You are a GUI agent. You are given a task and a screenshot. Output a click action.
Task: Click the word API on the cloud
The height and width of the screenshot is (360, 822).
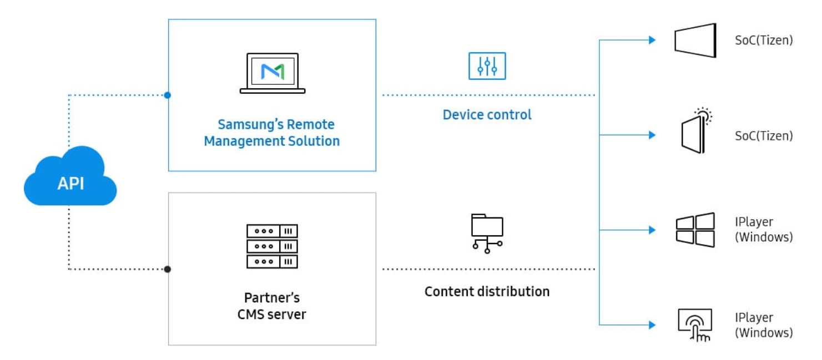(71, 183)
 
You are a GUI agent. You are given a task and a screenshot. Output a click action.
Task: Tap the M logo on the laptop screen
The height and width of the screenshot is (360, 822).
(273, 72)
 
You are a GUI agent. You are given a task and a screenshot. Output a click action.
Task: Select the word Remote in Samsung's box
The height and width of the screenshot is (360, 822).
(310, 125)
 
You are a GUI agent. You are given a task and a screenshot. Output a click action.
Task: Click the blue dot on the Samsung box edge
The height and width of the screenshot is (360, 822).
(168, 95)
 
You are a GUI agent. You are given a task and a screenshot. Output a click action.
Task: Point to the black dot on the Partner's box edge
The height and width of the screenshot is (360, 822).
(168, 270)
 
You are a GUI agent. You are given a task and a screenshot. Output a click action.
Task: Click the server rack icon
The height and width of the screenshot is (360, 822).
(273, 246)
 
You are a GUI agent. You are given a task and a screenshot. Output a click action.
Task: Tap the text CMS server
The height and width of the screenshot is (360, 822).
(272, 315)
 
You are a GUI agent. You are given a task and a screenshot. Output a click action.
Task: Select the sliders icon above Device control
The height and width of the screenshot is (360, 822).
(487, 66)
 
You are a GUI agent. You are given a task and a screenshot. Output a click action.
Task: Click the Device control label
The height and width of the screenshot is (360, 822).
(487, 115)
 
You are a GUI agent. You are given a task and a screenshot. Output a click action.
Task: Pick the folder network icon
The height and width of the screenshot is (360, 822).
(487, 234)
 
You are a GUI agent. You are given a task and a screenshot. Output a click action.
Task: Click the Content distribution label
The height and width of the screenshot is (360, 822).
(487, 292)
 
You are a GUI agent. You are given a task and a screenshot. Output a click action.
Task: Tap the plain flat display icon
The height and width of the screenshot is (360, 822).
(695, 40)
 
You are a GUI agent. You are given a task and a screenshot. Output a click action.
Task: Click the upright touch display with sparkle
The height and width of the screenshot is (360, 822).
(697, 130)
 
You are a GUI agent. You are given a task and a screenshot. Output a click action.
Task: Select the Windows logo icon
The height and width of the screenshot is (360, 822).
(695, 230)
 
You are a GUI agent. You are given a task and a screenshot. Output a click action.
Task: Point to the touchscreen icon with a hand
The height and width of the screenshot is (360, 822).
(695, 325)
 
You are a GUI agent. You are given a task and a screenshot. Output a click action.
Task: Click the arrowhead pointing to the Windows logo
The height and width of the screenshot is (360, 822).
(652, 230)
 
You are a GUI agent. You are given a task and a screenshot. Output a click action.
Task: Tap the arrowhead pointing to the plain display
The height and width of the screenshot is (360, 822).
(652, 40)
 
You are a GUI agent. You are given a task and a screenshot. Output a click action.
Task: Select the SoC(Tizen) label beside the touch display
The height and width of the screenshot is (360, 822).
(764, 136)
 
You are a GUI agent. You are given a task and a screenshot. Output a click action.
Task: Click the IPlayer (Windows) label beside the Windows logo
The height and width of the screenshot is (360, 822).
(764, 230)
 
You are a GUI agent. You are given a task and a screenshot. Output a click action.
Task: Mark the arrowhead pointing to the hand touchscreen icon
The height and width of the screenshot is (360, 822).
(652, 325)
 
